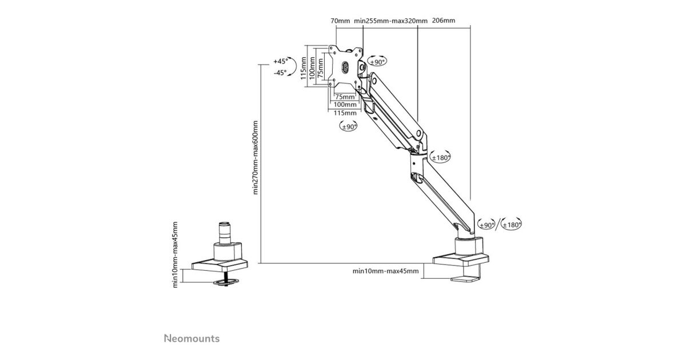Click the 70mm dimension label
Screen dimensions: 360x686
(340, 21)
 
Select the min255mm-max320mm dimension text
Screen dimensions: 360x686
(390, 21)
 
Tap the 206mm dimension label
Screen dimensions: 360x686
(444, 21)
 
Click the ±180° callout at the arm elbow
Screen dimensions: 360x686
(440, 158)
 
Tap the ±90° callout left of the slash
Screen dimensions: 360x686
(486, 225)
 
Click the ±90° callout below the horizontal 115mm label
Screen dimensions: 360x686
(348, 127)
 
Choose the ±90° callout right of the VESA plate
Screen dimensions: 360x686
(378, 62)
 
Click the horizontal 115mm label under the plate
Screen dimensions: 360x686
(345, 113)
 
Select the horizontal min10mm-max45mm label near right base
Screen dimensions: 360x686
(385, 271)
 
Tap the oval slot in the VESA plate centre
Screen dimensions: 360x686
(344, 67)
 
